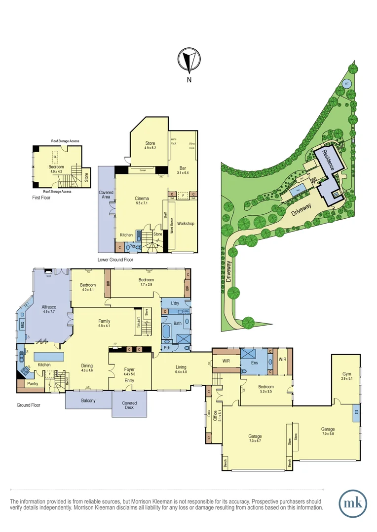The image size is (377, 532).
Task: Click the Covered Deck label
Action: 129,406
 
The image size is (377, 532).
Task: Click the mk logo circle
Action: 353,503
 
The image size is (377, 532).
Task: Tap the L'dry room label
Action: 174,302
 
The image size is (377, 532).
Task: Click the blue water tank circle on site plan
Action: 346,83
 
